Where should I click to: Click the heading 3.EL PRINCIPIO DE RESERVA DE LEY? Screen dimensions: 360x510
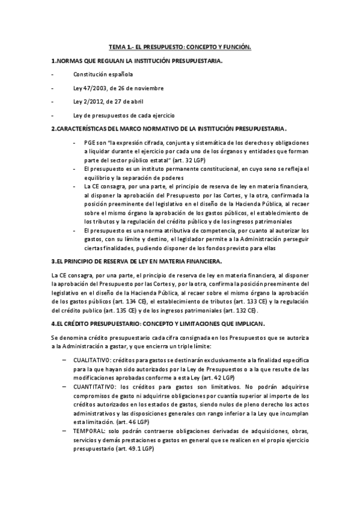pyautogui.click(x=136, y=260)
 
